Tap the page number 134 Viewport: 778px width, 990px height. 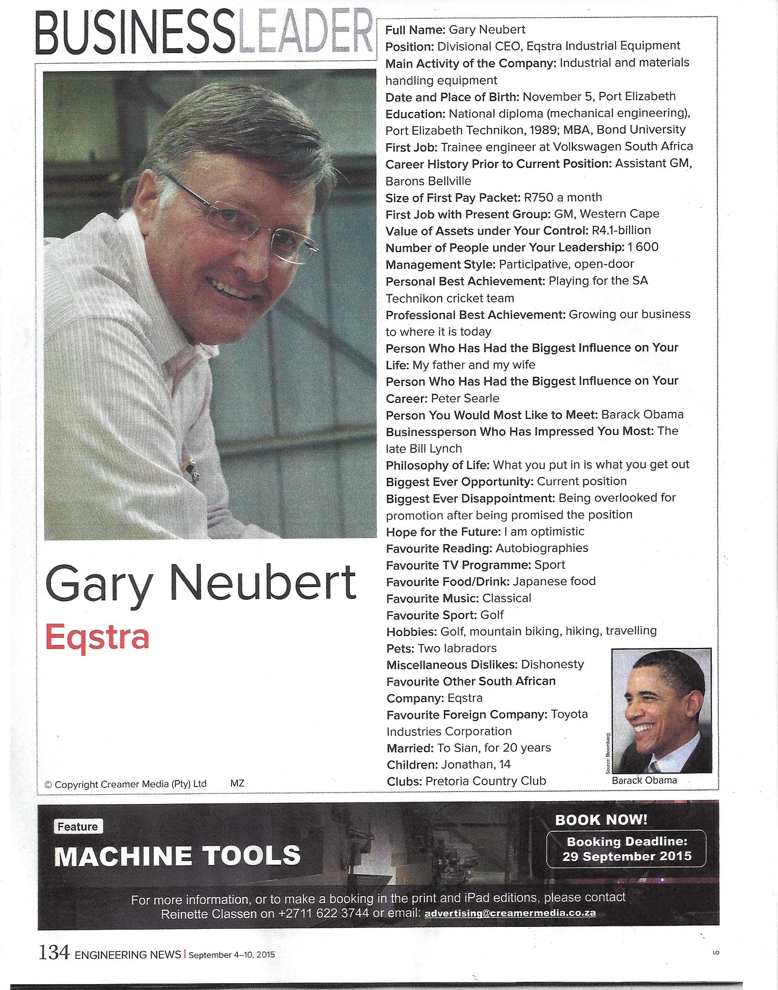click(54, 953)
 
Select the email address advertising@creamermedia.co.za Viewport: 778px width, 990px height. click(510, 913)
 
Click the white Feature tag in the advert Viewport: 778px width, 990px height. click(78, 827)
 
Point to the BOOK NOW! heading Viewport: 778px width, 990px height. click(601, 820)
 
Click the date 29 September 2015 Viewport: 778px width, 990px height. click(627, 856)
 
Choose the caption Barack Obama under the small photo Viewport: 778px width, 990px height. click(644, 781)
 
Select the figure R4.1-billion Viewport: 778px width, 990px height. click(621, 230)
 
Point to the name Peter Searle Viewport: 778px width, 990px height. click(465, 398)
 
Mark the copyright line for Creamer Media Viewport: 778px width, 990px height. click(125, 784)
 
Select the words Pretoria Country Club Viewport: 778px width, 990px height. click(486, 781)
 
